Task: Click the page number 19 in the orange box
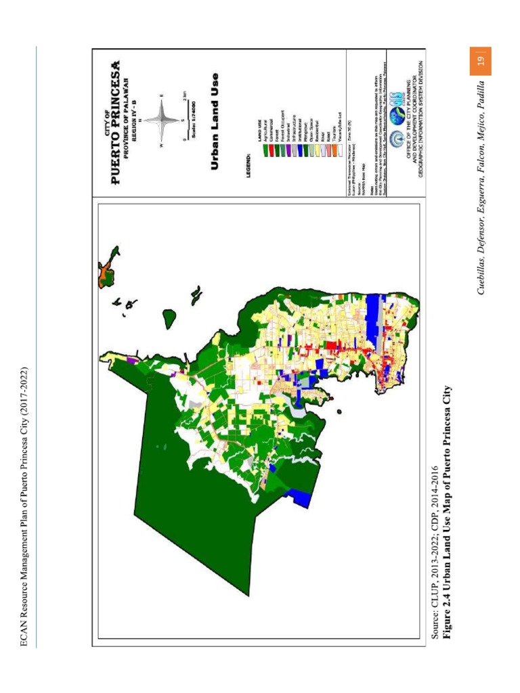coord(479,61)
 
